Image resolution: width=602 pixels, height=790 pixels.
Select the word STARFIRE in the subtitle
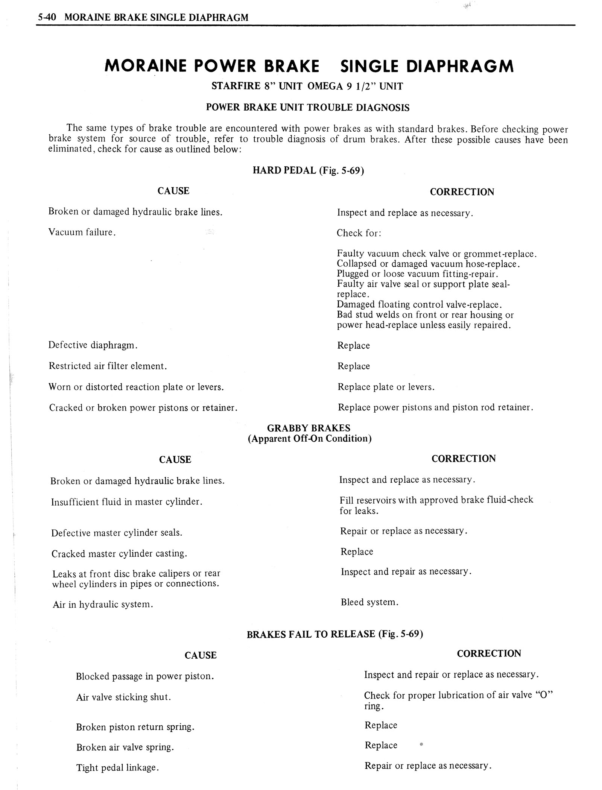tap(236, 86)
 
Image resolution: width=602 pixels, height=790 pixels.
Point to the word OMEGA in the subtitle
tap(324, 86)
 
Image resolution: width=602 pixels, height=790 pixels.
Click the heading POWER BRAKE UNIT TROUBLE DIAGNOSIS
tap(307, 108)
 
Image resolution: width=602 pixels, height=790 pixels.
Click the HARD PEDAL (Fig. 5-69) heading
tap(308, 170)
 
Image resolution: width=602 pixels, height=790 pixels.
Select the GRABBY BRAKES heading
tap(309, 428)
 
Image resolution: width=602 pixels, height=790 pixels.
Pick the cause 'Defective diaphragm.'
tap(93, 345)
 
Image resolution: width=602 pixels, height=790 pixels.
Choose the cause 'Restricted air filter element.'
tap(108, 366)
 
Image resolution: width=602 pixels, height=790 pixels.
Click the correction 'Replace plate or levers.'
tap(386, 387)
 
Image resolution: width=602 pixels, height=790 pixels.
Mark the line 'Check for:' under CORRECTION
tap(359, 233)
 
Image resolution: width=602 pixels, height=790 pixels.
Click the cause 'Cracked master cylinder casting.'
tap(119, 553)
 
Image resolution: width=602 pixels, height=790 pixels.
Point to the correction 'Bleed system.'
tap(369, 602)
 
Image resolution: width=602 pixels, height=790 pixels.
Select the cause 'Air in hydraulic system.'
tap(103, 605)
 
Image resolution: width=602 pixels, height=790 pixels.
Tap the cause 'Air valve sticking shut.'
tap(123, 697)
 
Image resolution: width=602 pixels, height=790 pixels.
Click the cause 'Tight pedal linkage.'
tap(117, 768)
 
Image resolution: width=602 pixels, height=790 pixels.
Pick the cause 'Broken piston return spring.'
tap(135, 727)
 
